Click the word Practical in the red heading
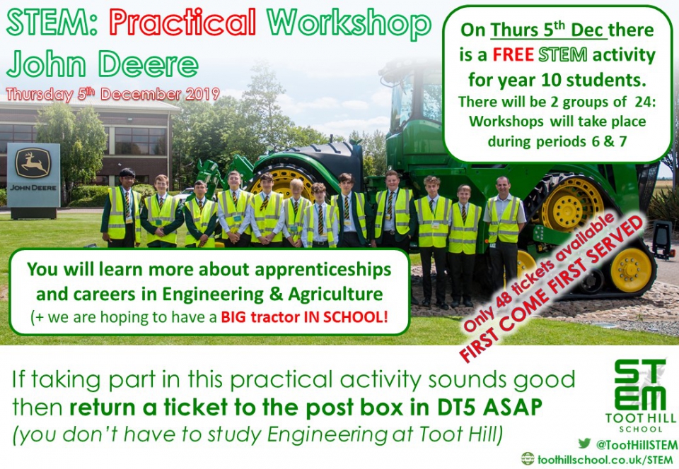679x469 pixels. [182, 22]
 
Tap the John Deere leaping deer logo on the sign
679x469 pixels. [33, 163]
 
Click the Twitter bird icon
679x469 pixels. [584, 443]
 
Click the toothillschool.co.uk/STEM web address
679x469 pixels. [605, 460]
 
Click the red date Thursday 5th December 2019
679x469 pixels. [113, 94]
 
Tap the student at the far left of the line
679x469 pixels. [122, 208]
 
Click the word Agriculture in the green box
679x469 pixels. [335, 294]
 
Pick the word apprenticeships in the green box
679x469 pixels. [323, 270]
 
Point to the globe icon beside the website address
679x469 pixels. [528, 458]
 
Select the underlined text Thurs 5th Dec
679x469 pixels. [549, 30]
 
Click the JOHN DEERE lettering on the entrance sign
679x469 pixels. [33, 188]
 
